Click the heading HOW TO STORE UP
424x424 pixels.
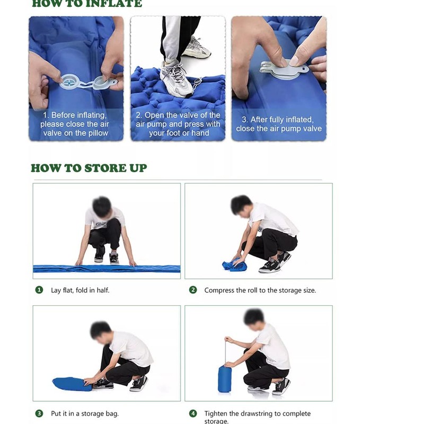89,168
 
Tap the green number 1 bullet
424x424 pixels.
39,290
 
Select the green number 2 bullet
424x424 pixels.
193,290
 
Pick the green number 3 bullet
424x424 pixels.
39,413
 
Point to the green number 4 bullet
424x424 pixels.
193,413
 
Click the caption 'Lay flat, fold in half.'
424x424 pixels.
80,290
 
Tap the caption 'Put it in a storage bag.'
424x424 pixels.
85,413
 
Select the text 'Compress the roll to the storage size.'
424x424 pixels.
260,290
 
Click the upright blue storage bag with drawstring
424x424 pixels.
225,378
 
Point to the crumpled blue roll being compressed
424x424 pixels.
234,264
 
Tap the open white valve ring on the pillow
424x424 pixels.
69,82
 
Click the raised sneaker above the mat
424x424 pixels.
196,48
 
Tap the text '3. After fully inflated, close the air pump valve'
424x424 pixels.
279,124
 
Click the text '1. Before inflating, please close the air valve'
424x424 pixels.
75,124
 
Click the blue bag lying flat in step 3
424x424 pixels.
72,384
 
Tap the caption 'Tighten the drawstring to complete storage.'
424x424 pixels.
258,417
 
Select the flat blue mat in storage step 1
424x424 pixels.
107,269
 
